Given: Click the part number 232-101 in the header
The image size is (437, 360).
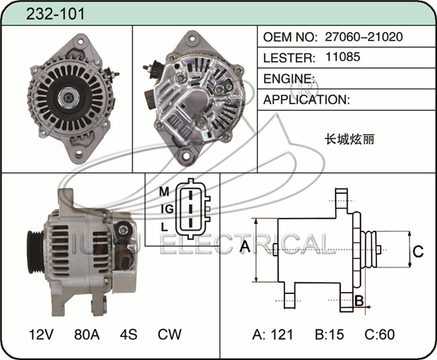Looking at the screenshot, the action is [x=55, y=13].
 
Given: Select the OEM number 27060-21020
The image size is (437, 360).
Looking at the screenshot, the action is [x=364, y=36].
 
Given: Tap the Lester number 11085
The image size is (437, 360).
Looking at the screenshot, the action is [x=343, y=57].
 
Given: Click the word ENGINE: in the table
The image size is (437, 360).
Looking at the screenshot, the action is [x=289, y=79].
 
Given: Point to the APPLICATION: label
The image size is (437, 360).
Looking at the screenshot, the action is [x=307, y=100].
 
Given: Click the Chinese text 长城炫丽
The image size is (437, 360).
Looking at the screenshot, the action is [x=350, y=139].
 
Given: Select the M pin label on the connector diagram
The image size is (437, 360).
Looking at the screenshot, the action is [x=164, y=192].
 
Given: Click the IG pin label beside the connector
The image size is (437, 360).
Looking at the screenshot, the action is [x=167, y=209].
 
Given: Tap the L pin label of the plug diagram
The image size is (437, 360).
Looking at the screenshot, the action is [x=164, y=227].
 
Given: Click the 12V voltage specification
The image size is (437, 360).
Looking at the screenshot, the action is [x=41, y=334].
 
